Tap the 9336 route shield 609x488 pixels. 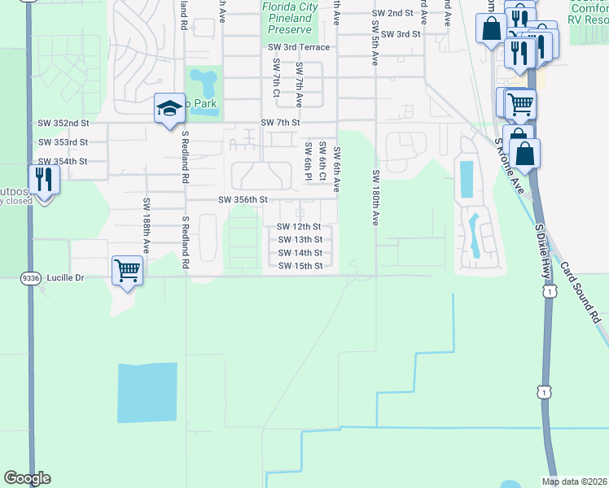point(31,277)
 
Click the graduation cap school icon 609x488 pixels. point(169,108)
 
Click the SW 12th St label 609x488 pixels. point(300,227)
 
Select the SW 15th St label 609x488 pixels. point(300,266)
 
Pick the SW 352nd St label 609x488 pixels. point(63,123)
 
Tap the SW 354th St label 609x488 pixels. point(63,162)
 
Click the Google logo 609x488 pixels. point(27,478)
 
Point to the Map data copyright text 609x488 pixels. point(573,481)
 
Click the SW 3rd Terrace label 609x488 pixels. point(299,48)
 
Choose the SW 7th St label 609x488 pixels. point(281,123)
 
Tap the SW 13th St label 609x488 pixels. point(300,240)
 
